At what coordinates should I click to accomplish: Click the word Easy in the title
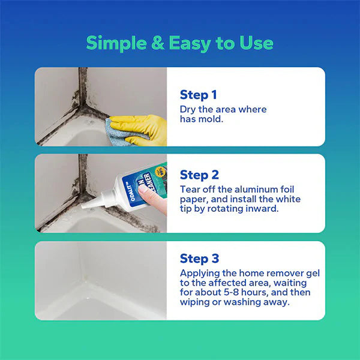(x=188, y=43)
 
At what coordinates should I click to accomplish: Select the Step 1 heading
(x=198, y=95)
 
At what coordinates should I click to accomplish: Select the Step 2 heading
(x=199, y=175)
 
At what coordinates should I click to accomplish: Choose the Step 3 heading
(x=199, y=259)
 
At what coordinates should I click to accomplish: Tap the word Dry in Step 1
(x=188, y=109)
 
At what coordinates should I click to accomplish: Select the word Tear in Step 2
(x=190, y=189)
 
